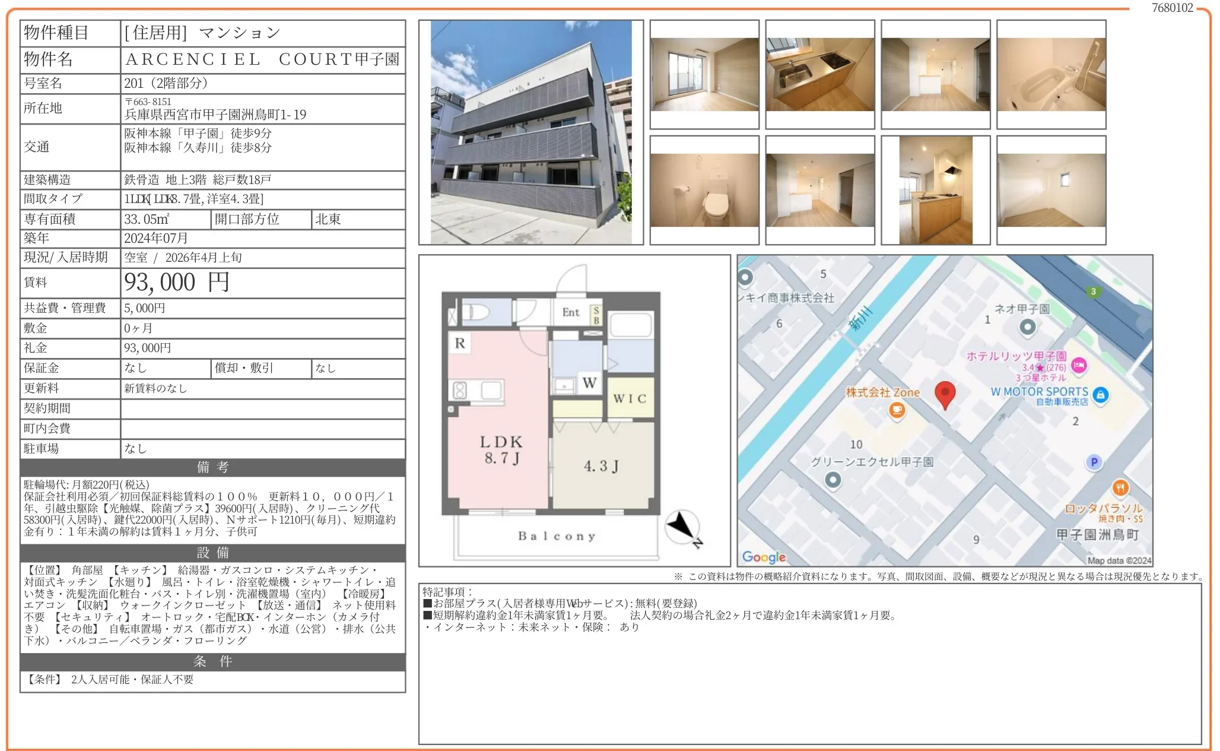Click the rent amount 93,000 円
(x=176, y=283)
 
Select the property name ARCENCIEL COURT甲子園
(x=262, y=59)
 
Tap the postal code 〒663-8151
(x=148, y=102)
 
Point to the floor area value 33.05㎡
(x=147, y=219)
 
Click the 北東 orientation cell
(x=328, y=219)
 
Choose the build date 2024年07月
(x=156, y=238)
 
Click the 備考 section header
(x=212, y=467)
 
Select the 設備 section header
(x=212, y=553)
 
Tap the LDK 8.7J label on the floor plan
(x=501, y=449)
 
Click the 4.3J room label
(x=601, y=466)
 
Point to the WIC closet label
(x=630, y=399)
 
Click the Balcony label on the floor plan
(x=557, y=536)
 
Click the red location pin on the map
(x=945, y=394)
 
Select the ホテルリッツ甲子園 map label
(x=1016, y=356)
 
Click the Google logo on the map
(x=764, y=557)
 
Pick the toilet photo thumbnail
(x=704, y=190)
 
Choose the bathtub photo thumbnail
(x=1051, y=75)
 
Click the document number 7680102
(x=1172, y=8)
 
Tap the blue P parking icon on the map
(x=1094, y=462)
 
